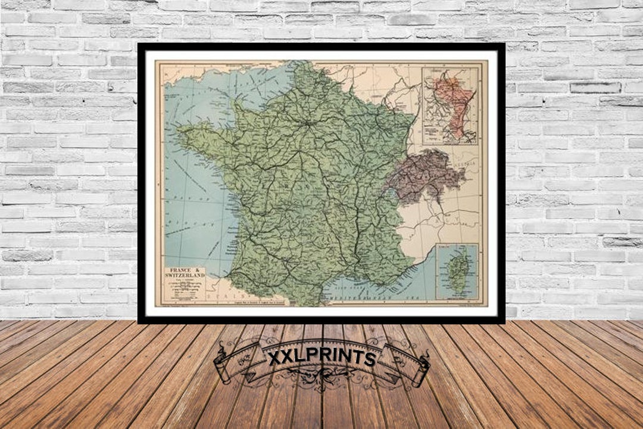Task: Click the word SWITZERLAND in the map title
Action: click(184, 276)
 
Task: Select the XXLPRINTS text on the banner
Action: click(321, 357)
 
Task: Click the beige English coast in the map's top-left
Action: click(196, 70)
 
